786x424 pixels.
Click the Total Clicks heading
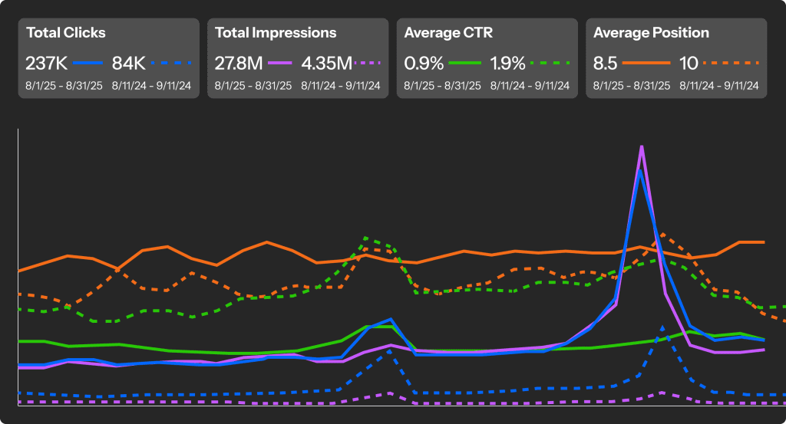tap(66, 33)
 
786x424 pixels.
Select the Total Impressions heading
tap(276, 33)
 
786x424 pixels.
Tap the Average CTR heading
tap(448, 33)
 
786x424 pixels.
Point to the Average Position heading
tap(652, 33)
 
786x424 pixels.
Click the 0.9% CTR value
tap(424, 62)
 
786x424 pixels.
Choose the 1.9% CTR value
tap(508, 62)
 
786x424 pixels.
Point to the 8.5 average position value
tap(606, 62)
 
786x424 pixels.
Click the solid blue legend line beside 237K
tap(89, 63)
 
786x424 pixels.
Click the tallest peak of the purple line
tap(641, 146)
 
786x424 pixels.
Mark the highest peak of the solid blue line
tap(641, 170)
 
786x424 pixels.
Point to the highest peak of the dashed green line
tap(365, 238)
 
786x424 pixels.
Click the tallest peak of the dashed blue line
tap(662, 327)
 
